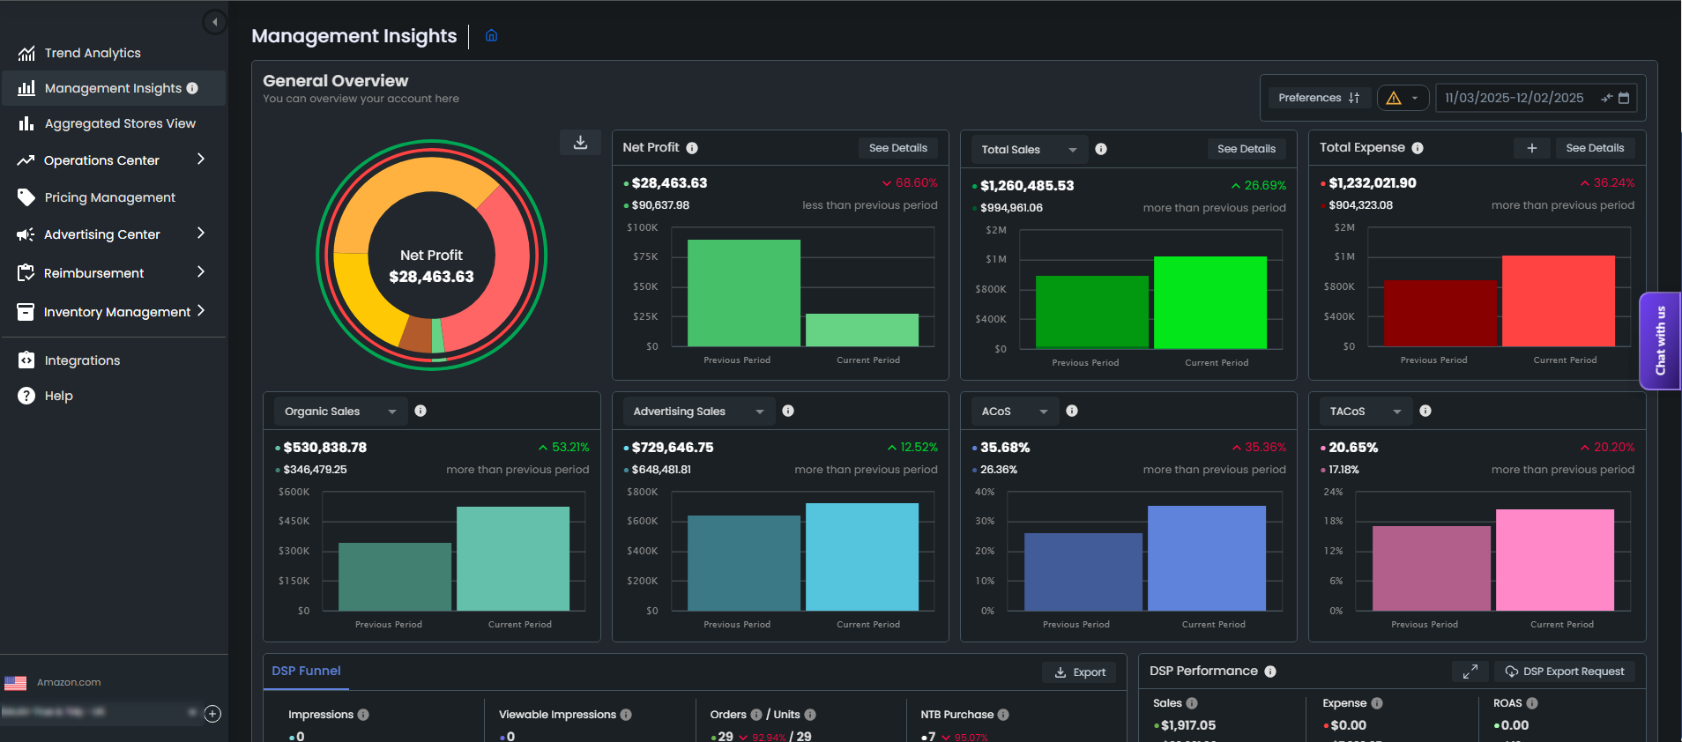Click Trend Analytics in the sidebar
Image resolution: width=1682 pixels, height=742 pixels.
(x=93, y=53)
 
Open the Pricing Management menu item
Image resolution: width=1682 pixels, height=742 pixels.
(x=109, y=197)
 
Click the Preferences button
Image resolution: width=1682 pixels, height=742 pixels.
(x=1318, y=98)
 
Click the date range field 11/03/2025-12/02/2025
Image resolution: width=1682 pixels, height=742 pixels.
(x=1514, y=98)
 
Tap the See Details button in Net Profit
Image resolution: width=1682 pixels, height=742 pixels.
(x=897, y=148)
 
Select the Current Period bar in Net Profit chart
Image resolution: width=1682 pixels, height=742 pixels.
(x=861, y=330)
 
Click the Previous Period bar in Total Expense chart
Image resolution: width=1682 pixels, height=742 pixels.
(x=1440, y=313)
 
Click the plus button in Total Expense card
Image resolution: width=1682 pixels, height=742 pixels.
(x=1531, y=148)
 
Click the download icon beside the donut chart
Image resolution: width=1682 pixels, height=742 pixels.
(x=580, y=143)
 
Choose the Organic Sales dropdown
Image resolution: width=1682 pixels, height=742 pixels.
(x=339, y=412)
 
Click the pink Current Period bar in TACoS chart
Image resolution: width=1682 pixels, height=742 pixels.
(x=1554, y=560)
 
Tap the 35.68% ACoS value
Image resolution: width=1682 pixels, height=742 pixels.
(x=1005, y=448)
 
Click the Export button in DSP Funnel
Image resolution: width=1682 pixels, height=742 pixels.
(x=1080, y=672)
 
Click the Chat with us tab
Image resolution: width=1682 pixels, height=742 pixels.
(x=1660, y=341)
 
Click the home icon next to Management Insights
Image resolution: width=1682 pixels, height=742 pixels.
(x=492, y=36)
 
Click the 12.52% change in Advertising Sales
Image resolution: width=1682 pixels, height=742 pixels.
(x=918, y=448)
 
